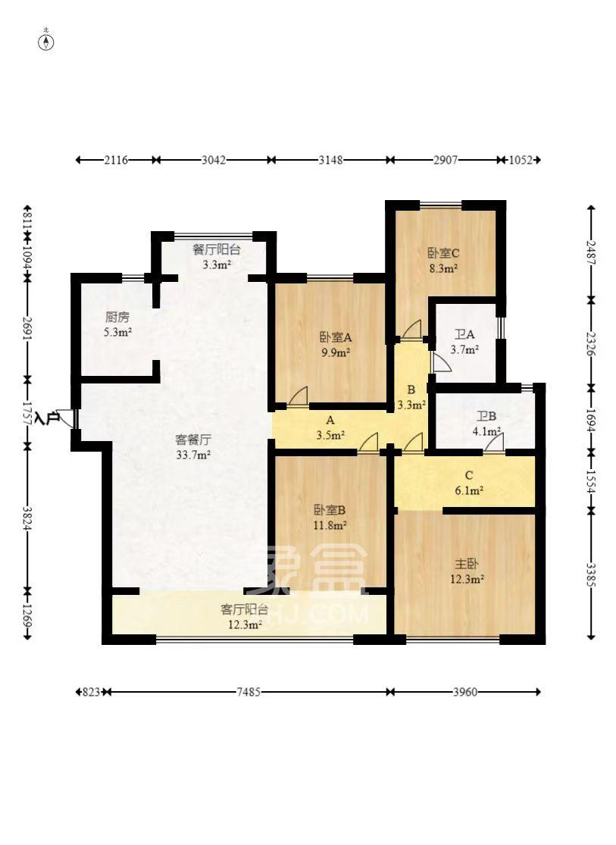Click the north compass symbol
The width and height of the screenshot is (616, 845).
pyautogui.click(x=46, y=42)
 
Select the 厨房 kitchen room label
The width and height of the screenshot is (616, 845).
pyautogui.click(x=117, y=317)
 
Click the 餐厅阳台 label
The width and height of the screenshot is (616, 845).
pyautogui.click(x=217, y=249)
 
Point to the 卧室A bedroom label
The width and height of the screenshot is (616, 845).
pyautogui.click(x=335, y=337)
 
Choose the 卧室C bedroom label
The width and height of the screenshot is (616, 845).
pyautogui.click(x=443, y=253)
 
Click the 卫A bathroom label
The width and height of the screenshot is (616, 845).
pyautogui.click(x=464, y=335)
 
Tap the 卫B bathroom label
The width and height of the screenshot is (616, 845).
pyautogui.click(x=486, y=417)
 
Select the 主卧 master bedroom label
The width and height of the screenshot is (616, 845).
pyautogui.click(x=467, y=564)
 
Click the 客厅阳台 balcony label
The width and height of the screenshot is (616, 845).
pyautogui.click(x=244, y=609)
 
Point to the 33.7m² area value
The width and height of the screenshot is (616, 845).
pyautogui.click(x=193, y=455)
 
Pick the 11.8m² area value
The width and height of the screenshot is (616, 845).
pyautogui.click(x=330, y=525)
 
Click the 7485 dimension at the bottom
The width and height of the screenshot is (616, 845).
pyautogui.click(x=249, y=692)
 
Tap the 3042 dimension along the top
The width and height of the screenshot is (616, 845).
pyautogui.click(x=214, y=160)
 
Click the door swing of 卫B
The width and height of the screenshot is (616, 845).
pyautogui.click(x=494, y=441)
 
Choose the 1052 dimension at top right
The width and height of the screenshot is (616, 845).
pyautogui.click(x=521, y=160)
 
